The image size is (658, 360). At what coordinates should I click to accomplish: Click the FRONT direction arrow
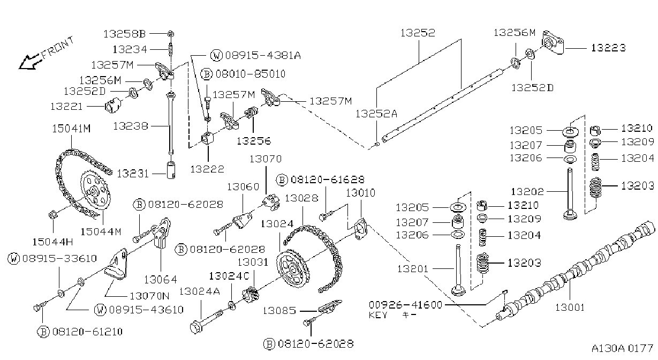coord(29,62)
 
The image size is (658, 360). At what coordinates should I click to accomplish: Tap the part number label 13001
coord(570,307)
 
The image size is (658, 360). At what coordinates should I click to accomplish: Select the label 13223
coord(608,48)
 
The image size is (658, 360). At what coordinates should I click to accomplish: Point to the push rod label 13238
coord(131,126)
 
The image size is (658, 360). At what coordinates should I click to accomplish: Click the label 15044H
coord(52,242)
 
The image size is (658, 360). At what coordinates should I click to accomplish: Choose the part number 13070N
coord(149,296)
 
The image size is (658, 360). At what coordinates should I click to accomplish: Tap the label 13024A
coord(200,291)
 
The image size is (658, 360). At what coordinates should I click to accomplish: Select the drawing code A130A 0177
coord(622,348)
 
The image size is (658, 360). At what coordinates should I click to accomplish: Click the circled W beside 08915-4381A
coord(217,55)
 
